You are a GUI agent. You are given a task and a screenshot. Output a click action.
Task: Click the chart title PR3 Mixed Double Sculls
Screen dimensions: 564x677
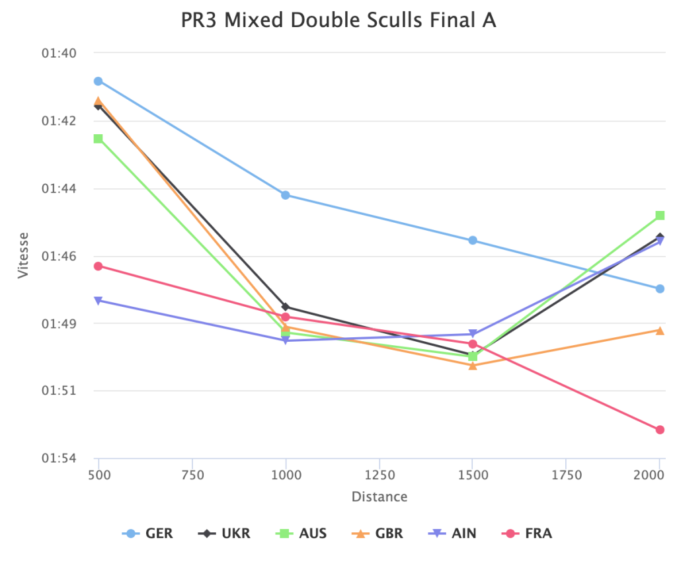tap(338, 20)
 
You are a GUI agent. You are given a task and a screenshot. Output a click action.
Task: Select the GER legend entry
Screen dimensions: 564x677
tap(148, 533)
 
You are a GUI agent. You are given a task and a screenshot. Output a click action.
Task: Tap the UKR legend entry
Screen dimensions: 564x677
tap(225, 533)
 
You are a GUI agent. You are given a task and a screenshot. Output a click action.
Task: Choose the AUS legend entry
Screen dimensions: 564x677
tap(301, 533)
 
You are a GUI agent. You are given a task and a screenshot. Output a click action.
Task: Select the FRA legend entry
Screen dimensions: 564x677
tap(529, 533)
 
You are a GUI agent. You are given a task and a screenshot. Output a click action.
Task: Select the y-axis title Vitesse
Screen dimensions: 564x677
tap(24, 255)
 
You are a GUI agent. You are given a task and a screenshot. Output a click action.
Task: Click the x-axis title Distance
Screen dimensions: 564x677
tap(379, 497)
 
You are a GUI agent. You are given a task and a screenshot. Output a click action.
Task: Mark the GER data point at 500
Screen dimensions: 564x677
tap(98, 81)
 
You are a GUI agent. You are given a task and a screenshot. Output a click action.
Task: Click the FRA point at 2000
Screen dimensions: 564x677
tap(659, 430)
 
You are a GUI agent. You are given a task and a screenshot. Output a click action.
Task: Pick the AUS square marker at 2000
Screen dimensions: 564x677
tap(659, 216)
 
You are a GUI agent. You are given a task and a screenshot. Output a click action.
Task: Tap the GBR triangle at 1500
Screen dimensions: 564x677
tap(473, 365)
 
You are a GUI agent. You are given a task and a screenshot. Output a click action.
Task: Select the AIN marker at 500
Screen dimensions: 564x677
tap(98, 301)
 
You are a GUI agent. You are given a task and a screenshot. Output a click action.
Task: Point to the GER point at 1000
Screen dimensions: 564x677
tap(286, 195)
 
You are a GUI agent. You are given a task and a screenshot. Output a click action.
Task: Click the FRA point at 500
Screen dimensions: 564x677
tap(98, 266)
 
